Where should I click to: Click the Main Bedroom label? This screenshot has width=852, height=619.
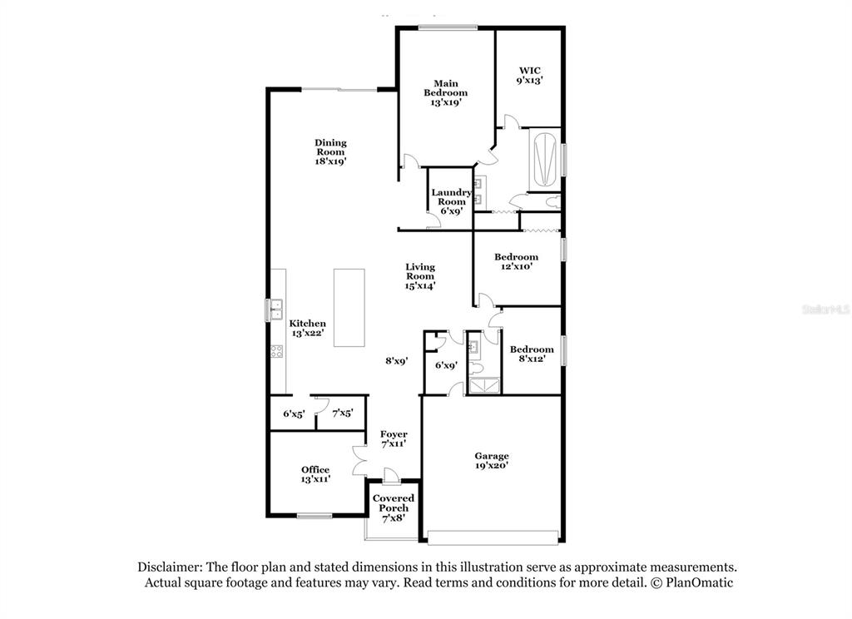click(x=446, y=92)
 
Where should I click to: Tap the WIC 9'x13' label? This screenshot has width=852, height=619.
click(x=530, y=75)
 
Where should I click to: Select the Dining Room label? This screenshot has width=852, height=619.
click(x=330, y=151)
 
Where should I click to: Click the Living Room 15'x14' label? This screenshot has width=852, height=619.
click(x=420, y=276)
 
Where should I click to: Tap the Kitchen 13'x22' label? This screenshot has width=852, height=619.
click(x=308, y=328)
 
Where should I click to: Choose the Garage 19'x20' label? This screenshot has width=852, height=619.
click(x=492, y=460)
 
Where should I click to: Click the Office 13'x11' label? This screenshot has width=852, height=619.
click(x=315, y=474)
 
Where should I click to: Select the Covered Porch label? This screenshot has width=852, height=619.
click(x=394, y=508)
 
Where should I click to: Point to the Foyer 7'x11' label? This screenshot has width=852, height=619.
click(x=394, y=438)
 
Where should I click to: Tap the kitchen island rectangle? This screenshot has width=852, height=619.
click(x=349, y=308)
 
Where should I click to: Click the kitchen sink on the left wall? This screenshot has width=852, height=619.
click(x=276, y=309)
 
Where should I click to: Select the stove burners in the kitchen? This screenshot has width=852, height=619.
click(x=276, y=352)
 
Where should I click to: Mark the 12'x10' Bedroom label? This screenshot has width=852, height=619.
click(x=516, y=261)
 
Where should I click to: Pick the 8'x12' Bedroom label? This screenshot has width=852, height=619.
click(x=532, y=354)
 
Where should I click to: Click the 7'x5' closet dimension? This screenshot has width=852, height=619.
click(x=343, y=413)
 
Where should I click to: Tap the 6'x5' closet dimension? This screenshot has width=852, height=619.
click(x=294, y=413)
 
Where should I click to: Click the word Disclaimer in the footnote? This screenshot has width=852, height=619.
click(x=170, y=567)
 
